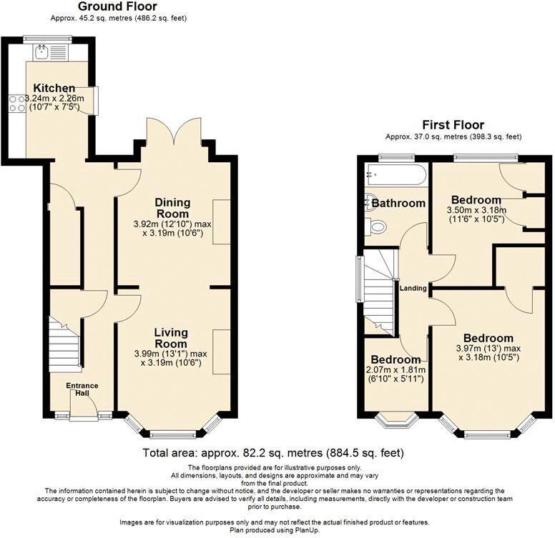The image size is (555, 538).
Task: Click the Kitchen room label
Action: (x=49, y=88)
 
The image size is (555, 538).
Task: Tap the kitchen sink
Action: (x=42, y=51)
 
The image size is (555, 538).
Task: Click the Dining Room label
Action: (x=172, y=208)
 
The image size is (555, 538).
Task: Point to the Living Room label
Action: (x=170, y=337)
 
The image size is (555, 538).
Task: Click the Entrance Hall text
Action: (x=82, y=389)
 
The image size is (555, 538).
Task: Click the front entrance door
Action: (x=84, y=411)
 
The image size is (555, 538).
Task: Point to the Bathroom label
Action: (x=398, y=204)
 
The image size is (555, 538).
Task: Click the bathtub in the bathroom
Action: (x=396, y=175)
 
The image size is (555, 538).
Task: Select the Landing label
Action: (x=413, y=289)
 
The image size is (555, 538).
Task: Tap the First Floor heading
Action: (x=453, y=125)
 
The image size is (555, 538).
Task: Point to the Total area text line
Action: (x=273, y=453)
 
